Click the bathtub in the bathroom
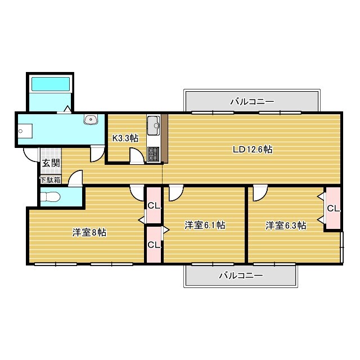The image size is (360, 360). click(x=51, y=84)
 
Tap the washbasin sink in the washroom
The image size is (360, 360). click(x=91, y=119)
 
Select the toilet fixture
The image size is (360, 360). click(x=50, y=197)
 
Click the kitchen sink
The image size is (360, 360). click(x=154, y=125)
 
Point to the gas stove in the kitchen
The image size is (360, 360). click(x=154, y=154)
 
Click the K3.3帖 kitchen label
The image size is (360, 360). click(x=125, y=138)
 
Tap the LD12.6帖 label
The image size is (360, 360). click(x=253, y=150)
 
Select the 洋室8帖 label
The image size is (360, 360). click(x=89, y=232)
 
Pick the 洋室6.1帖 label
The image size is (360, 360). click(x=205, y=225)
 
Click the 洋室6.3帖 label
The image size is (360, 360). click(x=286, y=226)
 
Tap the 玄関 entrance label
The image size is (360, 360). click(x=51, y=163)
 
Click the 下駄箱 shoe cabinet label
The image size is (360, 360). click(x=51, y=180)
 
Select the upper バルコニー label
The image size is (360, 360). click(x=252, y=101)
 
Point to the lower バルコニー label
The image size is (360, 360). click(x=241, y=275)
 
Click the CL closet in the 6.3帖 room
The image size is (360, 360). click(x=333, y=208)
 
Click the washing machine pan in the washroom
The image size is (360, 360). click(x=25, y=131)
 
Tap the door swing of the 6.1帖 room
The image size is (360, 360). click(x=176, y=193)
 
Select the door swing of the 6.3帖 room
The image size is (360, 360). click(x=260, y=193)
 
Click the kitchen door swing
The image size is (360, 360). click(x=137, y=156)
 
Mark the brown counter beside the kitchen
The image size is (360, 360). click(x=164, y=138)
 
